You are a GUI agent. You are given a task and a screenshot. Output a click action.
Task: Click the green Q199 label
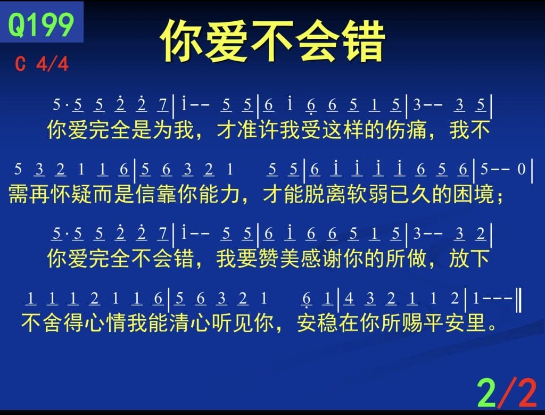pos(41,24)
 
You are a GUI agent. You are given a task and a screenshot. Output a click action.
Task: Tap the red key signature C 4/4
pos(42,64)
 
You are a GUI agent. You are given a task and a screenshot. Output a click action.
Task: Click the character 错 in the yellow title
pos(363,40)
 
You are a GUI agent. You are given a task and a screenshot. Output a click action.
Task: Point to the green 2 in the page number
pos(486,392)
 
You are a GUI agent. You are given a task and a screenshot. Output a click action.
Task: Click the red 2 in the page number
pos(525,392)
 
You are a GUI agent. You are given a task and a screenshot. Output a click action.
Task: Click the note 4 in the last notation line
pos(349,298)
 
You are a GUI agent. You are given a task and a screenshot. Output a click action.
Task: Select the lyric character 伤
pos(396,130)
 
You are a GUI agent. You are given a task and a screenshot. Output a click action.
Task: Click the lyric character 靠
pos(167,194)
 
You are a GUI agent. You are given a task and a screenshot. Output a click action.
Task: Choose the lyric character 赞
pos(269,259)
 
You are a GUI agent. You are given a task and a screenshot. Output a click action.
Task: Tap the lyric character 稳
pos(328,323)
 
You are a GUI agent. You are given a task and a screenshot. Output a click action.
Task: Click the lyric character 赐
pos(413,323)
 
